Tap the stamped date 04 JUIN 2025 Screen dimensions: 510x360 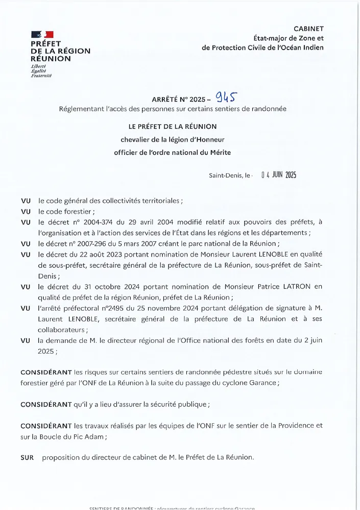pos(278,175)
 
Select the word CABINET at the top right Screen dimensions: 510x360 pos(308,29)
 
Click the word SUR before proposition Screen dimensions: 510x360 pos(27,457)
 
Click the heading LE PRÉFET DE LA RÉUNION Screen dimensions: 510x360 pos(173,126)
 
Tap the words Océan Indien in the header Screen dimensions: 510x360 pos(301,48)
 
